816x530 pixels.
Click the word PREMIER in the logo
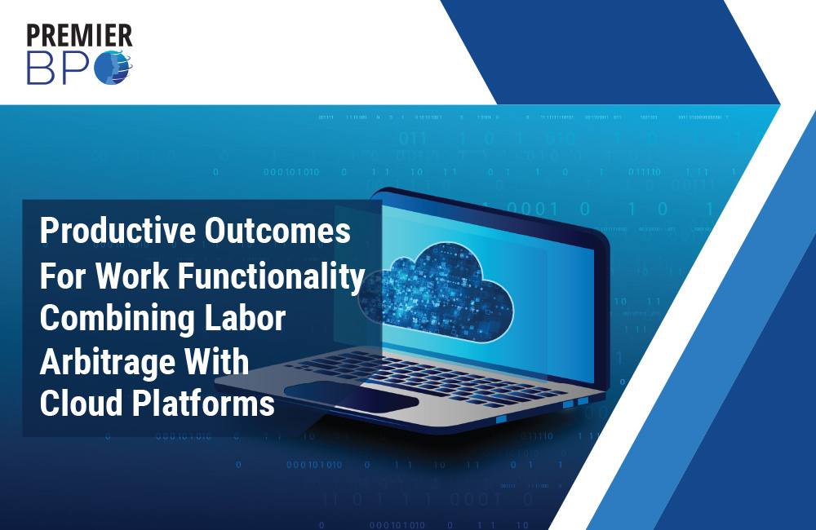[80, 35]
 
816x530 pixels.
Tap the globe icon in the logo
[113, 68]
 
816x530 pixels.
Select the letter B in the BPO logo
[41, 68]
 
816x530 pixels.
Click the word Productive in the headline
[118, 232]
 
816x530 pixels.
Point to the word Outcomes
[277, 231]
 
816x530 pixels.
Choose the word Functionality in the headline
[272, 276]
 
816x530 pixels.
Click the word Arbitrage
[108, 363]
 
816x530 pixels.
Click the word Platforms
[203, 404]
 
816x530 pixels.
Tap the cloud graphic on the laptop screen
[436, 293]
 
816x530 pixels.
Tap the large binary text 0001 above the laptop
[532, 209]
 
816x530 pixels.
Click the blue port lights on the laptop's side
[575, 403]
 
